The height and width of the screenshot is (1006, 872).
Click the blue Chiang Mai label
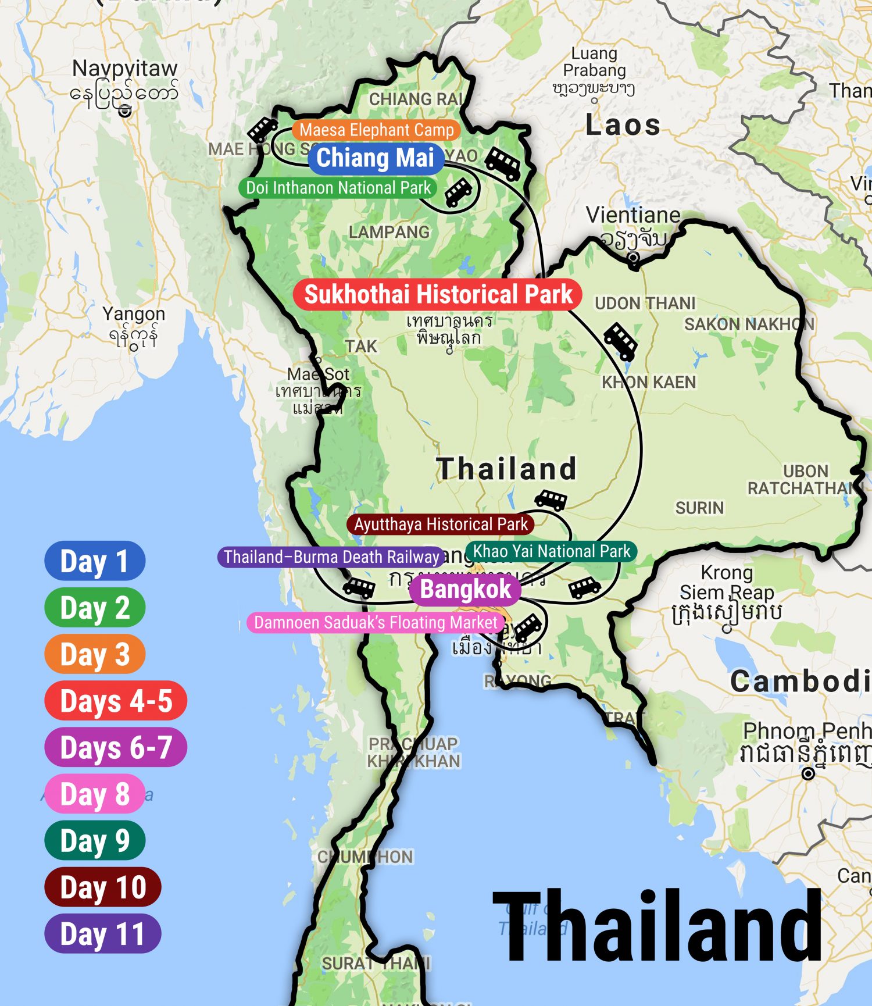(375, 158)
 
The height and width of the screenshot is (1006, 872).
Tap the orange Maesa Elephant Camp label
(376, 130)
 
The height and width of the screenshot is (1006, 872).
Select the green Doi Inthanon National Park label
(338, 188)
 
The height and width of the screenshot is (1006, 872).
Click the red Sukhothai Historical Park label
(438, 294)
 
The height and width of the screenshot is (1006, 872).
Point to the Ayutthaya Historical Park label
(441, 524)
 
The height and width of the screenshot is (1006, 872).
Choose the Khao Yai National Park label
(551, 551)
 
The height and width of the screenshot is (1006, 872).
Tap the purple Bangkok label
(465, 589)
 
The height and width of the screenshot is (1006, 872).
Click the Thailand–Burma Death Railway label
(331, 557)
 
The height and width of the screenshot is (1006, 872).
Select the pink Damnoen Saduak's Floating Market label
(376, 623)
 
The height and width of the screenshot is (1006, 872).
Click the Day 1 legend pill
(94, 561)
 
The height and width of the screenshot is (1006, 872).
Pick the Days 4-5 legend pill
(116, 701)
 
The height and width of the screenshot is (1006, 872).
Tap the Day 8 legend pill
(94, 794)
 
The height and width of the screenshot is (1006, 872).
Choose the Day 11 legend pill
(102, 933)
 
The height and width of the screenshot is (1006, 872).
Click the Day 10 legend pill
(102, 887)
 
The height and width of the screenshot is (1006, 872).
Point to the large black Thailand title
(657, 927)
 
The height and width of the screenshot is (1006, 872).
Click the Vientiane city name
(632, 215)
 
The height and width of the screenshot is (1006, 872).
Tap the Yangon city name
(134, 314)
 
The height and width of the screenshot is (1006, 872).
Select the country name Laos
(623, 125)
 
